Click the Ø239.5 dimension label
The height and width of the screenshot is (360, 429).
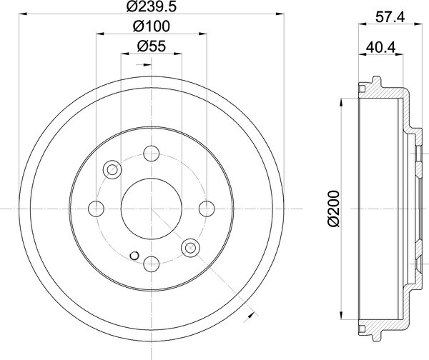(152, 6)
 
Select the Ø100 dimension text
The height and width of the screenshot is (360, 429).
(152, 26)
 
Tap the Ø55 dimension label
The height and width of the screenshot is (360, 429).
(152, 46)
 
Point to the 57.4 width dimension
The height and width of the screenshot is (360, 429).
(390, 17)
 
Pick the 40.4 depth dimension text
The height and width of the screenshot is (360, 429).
(380, 48)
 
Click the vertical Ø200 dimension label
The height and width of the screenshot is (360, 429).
(333, 209)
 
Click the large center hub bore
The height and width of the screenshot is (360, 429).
(152, 209)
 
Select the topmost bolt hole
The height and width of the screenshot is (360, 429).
(152, 154)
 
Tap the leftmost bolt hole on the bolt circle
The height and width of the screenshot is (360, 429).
(96, 209)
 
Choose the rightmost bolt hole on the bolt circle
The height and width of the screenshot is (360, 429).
(207, 209)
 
